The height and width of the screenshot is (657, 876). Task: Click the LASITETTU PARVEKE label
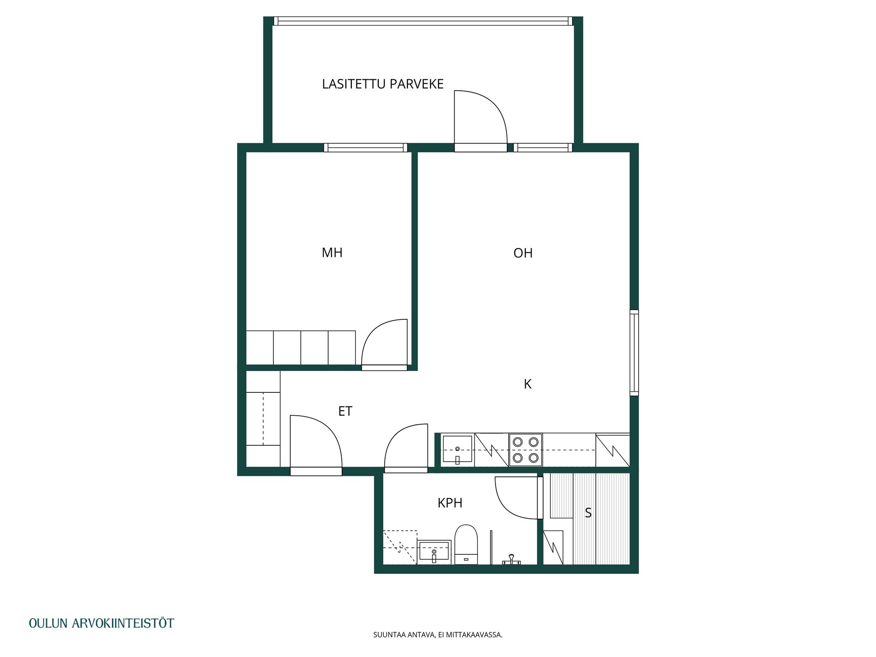pyautogui.click(x=383, y=84)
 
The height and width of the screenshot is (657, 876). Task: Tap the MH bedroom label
pyautogui.click(x=332, y=253)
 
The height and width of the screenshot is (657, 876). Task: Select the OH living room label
pyautogui.click(x=523, y=253)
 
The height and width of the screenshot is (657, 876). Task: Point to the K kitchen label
pyautogui.click(x=528, y=384)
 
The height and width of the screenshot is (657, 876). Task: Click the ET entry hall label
pyautogui.click(x=345, y=412)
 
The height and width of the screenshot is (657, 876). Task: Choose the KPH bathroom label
pyautogui.click(x=450, y=503)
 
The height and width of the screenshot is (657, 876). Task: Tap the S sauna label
pyautogui.click(x=588, y=513)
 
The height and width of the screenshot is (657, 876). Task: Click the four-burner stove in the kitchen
pyautogui.click(x=526, y=450)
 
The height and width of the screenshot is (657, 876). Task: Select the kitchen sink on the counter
pyautogui.click(x=458, y=450)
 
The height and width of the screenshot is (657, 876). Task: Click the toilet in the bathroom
pyautogui.click(x=466, y=544)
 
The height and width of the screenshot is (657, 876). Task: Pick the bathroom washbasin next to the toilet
pyautogui.click(x=434, y=552)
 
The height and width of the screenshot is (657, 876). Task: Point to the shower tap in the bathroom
pyautogui.click(x=511, y=559)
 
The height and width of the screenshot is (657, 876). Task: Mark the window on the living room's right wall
pyautogui.click(x=634, y=352)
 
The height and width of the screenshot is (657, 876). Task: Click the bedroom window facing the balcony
pyautogui.click(x=365, y=147)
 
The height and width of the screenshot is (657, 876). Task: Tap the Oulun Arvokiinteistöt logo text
pyautogui.click(x=101, y=623)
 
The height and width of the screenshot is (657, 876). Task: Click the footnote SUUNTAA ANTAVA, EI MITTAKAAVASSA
pyautogui.click(x=438, y=635)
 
